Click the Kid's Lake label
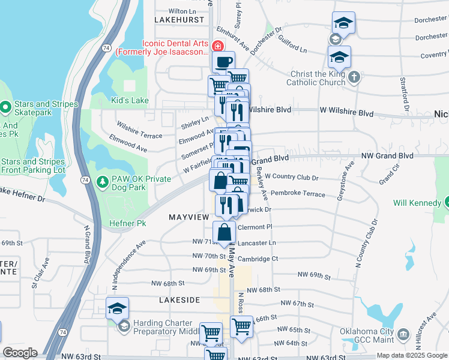coord(130,100)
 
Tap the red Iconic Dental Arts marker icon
coord(217,46)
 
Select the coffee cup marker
coord(223,62)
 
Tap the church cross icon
coord(354,76)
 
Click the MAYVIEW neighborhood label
coord(188,216)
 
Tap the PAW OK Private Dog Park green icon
coord(103,181)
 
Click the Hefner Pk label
coord(132,223)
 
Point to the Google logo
coord(20,353)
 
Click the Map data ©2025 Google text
coord(412,355)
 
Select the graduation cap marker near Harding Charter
coord(117,308)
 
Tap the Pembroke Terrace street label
coord(298,194)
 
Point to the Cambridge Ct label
coord(258,259)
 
